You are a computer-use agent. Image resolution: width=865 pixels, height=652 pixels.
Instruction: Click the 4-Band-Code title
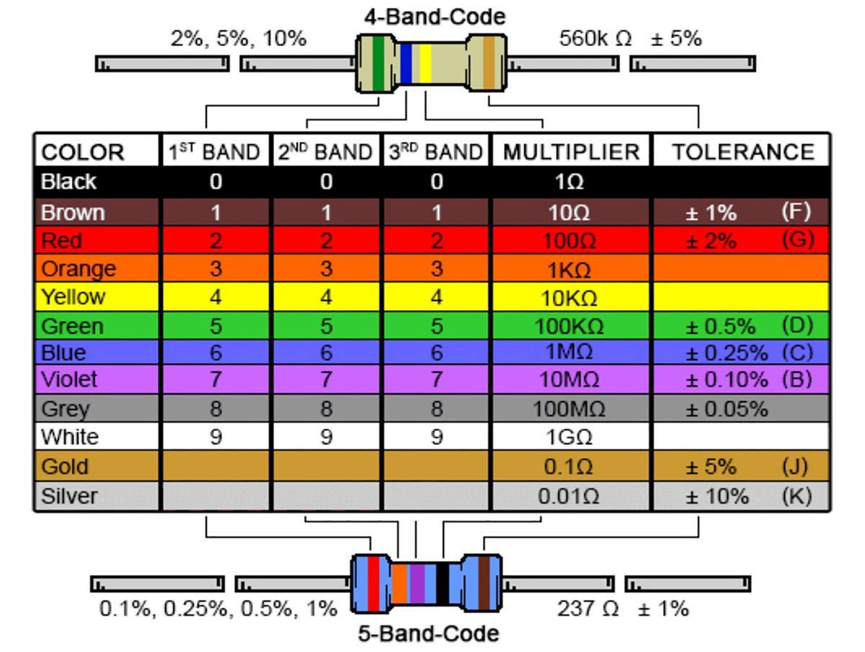pos(434,16)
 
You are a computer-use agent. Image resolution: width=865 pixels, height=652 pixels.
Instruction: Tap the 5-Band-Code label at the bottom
pos(428,634)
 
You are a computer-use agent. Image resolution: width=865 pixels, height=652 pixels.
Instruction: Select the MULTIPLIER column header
pos(571,152)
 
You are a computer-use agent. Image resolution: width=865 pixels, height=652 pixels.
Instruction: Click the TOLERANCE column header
pos(743,152)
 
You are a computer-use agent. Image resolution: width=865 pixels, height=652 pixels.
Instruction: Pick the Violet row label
pos(69,379)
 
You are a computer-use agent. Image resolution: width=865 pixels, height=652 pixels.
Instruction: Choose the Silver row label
pos(69,496)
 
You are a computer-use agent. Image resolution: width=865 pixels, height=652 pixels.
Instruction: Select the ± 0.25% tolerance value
pos(726,353)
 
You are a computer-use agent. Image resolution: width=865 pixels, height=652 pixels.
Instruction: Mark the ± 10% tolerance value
pos(717,497)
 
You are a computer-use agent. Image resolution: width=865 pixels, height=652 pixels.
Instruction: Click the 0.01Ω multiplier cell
pos(569,497)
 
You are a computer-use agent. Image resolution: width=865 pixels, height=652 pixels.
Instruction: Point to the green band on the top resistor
pos(378,63)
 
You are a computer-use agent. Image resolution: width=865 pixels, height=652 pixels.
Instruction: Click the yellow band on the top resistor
pos(425,63)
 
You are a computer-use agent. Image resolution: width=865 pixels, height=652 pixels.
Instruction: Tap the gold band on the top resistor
pos(489,63)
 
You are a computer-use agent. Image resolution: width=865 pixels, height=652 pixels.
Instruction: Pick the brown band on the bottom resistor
pos(484,583)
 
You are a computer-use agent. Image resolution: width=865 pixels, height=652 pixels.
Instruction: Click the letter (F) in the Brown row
pos(796,211)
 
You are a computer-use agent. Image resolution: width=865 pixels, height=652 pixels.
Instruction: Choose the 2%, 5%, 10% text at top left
pos(238,39)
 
